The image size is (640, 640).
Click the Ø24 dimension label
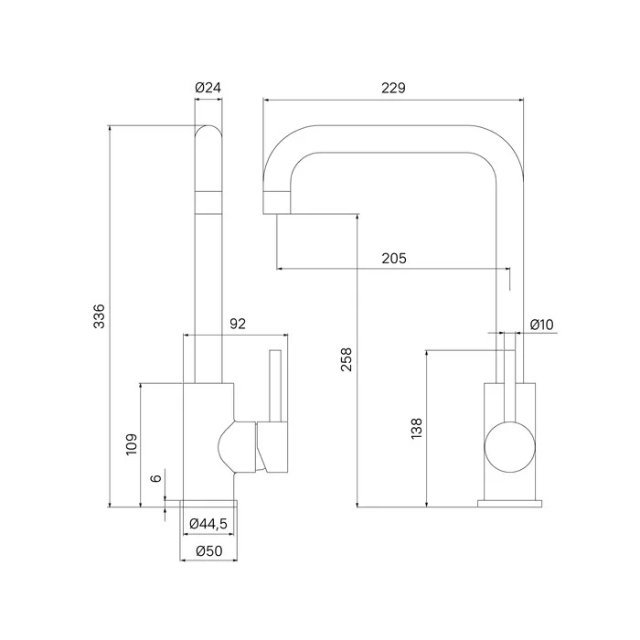pyautogui.click(x=209, y=88)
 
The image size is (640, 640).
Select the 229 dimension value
pyautogui.click(x=394, y=88)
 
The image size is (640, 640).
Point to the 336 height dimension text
pyautogui.click(x=101, y=315)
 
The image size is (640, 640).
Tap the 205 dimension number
pyautogui.click(x=394, y=259)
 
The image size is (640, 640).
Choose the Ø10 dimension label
pyautogui.click(x=542, y=325)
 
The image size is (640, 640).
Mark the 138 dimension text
pyautogui.click(x=417, y=429)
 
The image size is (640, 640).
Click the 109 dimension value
pyautogui.click(x=132, y=444)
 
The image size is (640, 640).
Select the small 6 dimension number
pyautogui.click(x=156, y=478)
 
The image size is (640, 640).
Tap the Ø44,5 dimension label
pyautogui.click(x=208, y=523)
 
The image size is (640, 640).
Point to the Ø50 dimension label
pyautogui.click(x=209, y=550)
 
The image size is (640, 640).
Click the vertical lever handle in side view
pyautogui.click(x=272, y=384)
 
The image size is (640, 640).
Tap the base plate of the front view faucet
pyautogui.click(x=508, y=502)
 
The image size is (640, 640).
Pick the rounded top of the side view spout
pyautogui.click(x=209, y=135)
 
